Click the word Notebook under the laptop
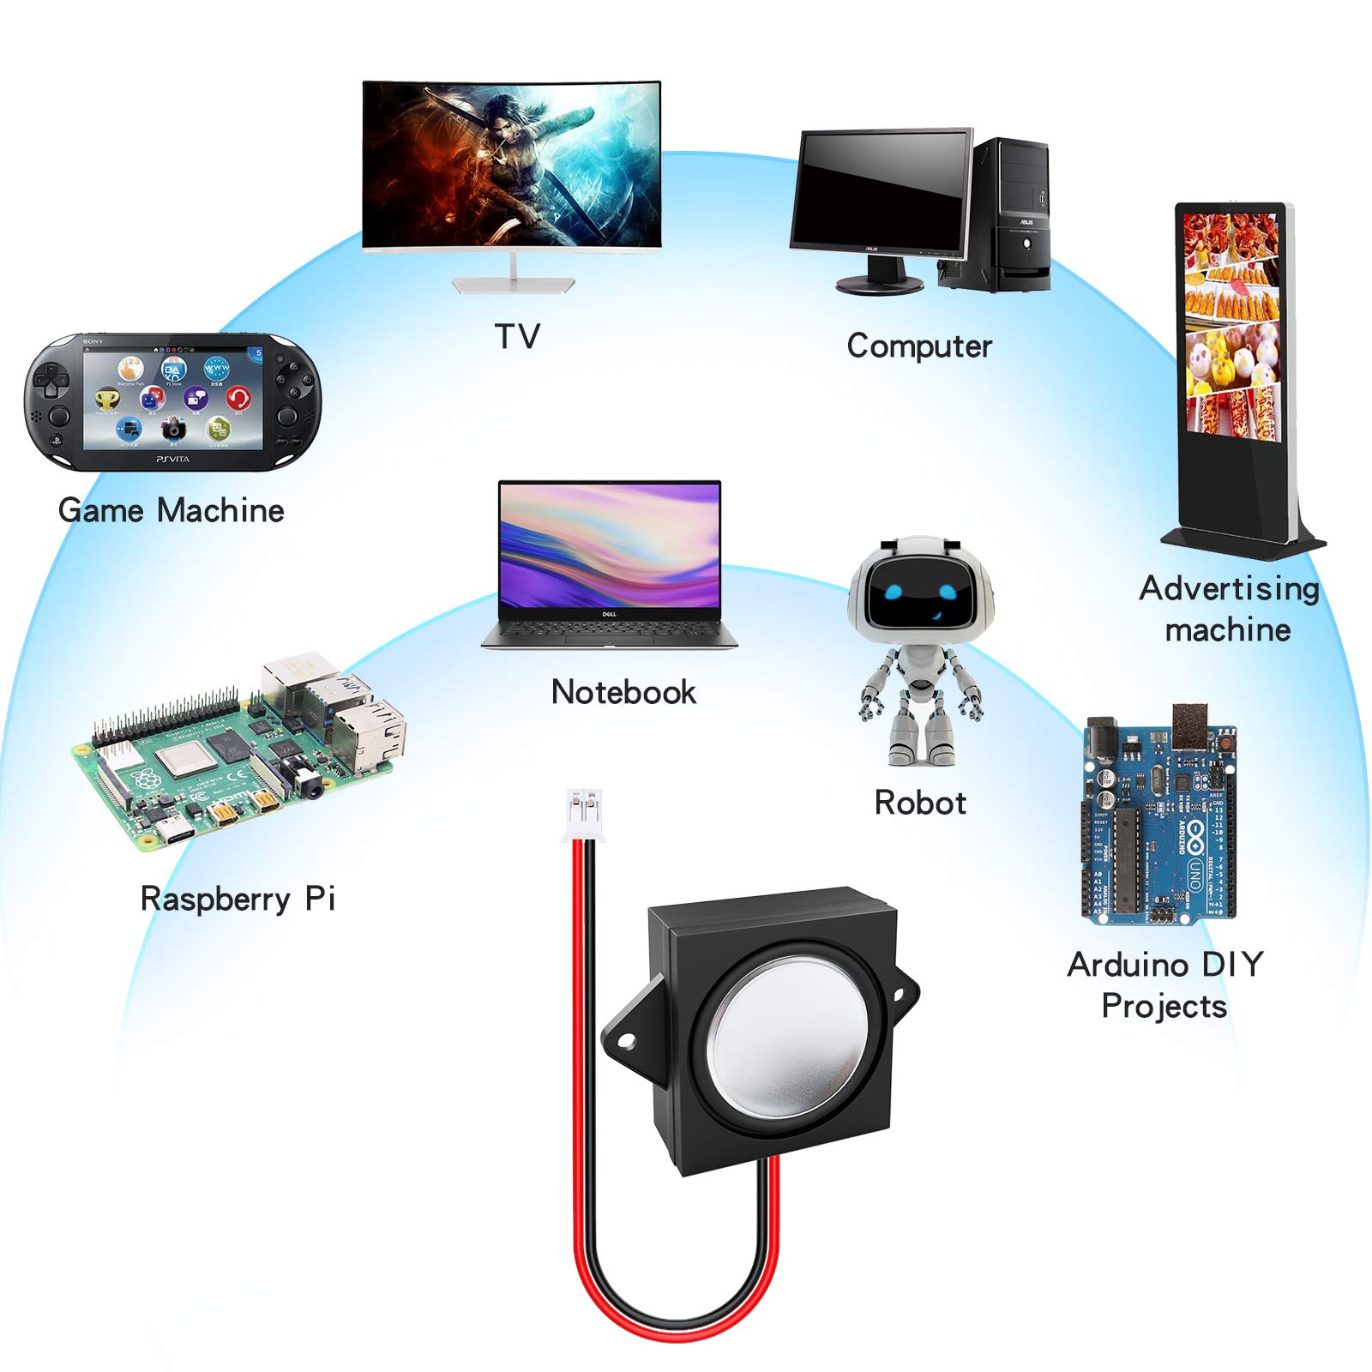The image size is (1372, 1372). pos(623,692)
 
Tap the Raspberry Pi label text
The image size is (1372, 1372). pos(238,899)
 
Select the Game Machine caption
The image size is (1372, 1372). pos(171,510)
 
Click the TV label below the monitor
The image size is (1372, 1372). pos(517,336)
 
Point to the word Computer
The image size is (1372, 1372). pos(919,346)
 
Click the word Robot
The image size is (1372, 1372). pos(920,803)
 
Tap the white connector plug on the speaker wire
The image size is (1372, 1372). pos(583,815)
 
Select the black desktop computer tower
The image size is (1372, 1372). pos(1012,214)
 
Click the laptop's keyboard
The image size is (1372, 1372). pos(609,630)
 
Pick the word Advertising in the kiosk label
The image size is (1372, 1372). pos(1228,589)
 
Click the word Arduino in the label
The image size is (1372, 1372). pos(1128,965)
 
